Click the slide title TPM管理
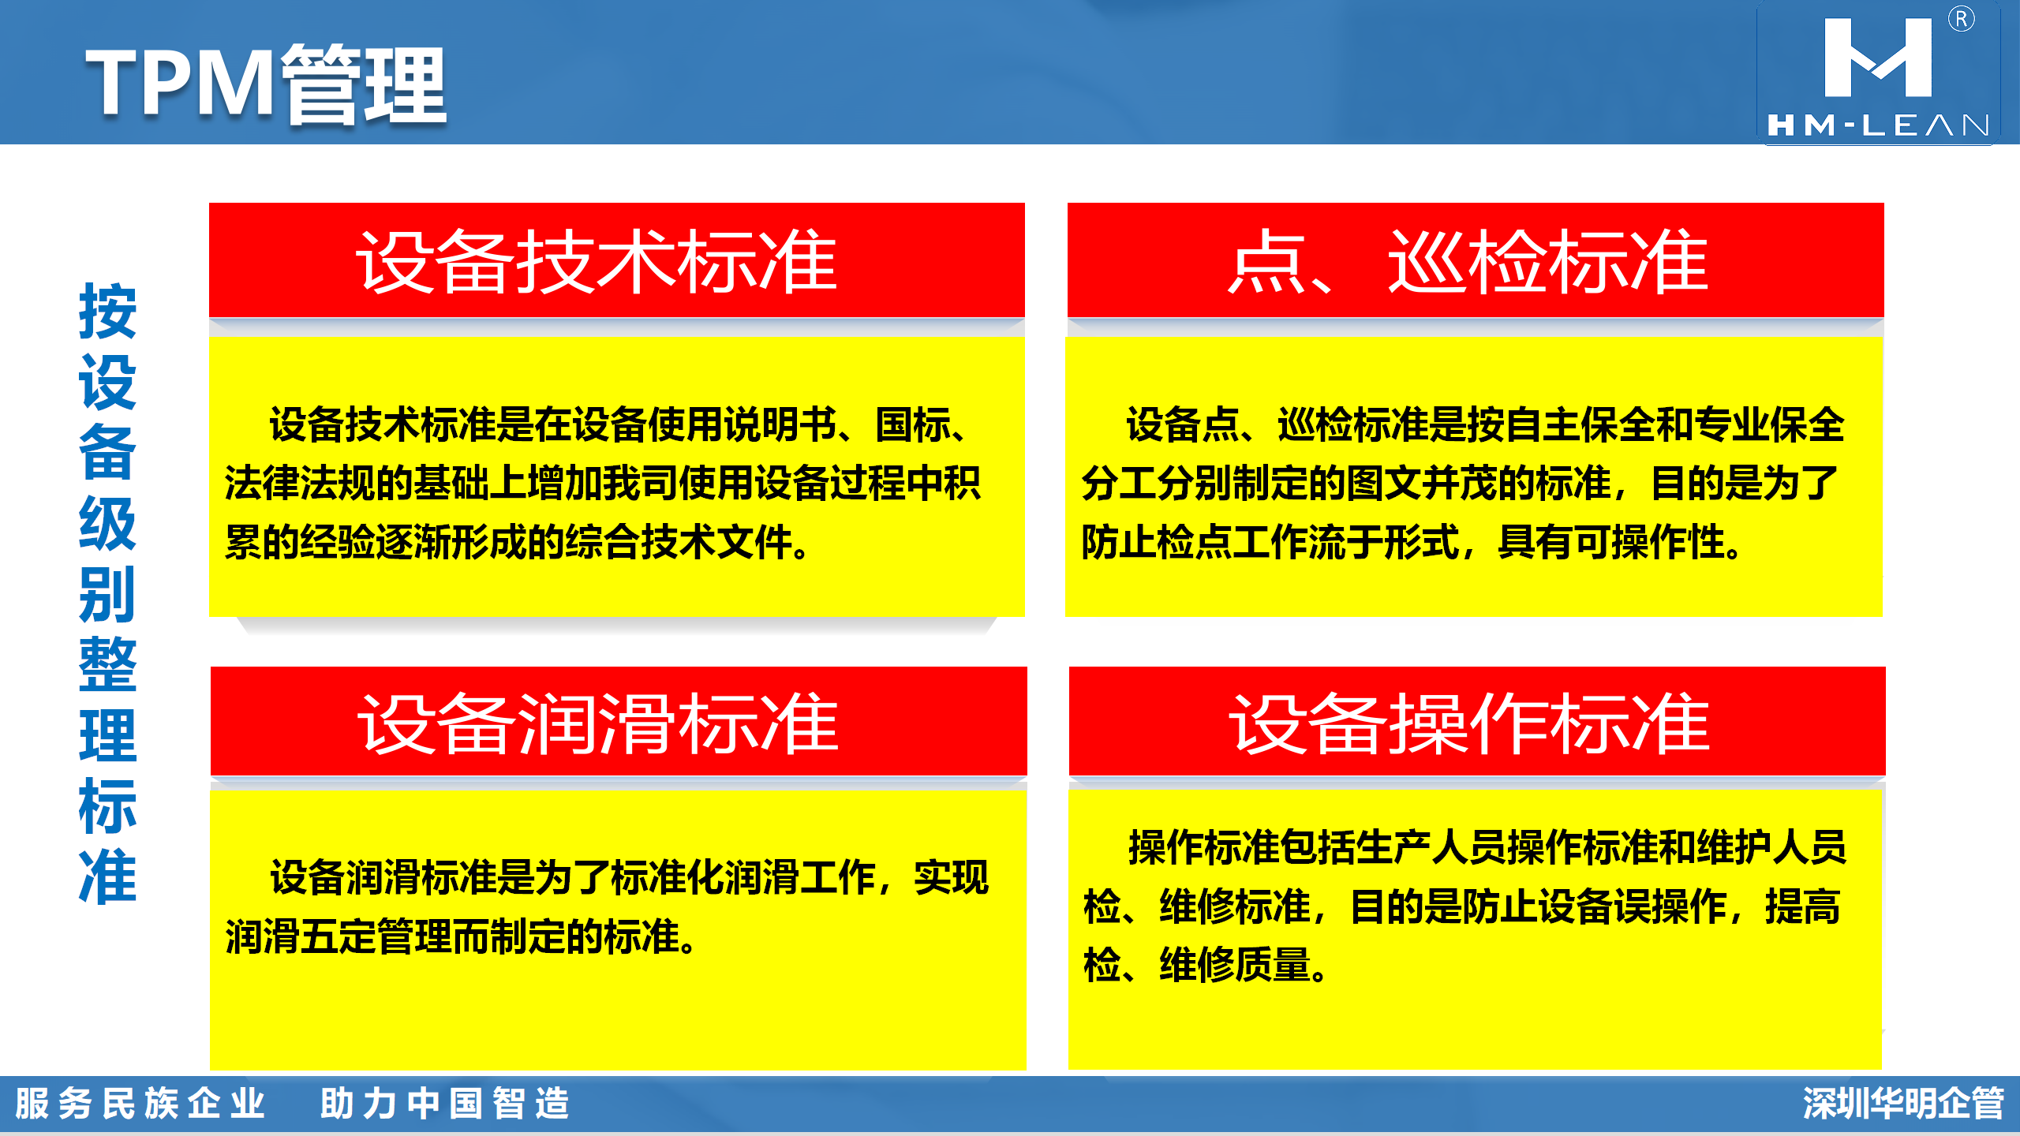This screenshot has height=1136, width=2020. click(267, 84)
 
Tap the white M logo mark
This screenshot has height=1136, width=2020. click(1878, 58)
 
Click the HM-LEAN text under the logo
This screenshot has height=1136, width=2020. click(1878, 125)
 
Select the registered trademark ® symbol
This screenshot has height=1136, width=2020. click(1961, 19)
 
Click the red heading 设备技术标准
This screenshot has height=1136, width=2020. click(597, 261)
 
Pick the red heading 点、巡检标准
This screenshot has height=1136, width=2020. click(1468, 261)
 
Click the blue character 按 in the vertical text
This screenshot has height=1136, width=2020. click(108, 312)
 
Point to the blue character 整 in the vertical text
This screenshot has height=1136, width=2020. click(108, 664)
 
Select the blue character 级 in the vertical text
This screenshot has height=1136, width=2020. click(108, 523)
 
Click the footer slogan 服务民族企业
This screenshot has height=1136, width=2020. click(140, 1103)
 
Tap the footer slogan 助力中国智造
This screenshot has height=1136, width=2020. click(445, 1103)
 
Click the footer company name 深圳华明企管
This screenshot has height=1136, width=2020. click(1903, 1103)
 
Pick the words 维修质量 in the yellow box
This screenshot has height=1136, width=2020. click(1235, 965)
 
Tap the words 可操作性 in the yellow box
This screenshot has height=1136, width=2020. click(1649, 542)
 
